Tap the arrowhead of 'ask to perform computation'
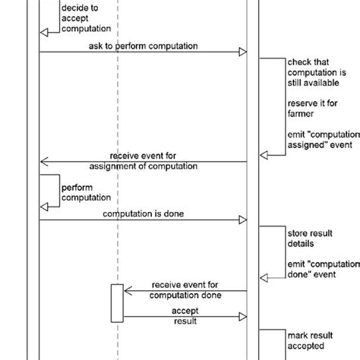coord(243,52)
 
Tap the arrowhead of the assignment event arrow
coord(44,161)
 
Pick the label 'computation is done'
coord(142,214)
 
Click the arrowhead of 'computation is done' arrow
coord(243,221)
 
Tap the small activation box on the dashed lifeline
coord(116,302)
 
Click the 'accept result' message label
coord(185,316)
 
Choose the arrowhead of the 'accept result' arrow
coord(243,317)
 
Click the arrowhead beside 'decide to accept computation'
coord(44,31)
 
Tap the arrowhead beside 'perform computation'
coord(44,203)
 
